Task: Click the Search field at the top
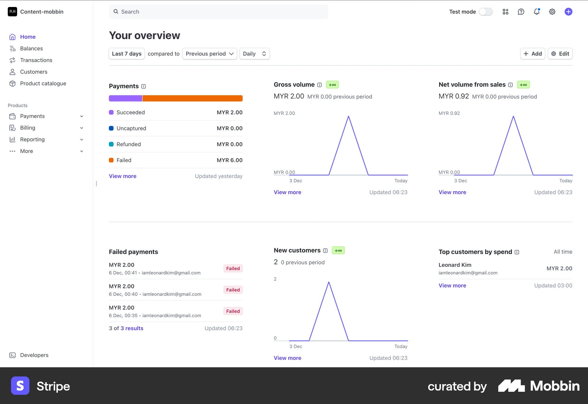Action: click(218, 12)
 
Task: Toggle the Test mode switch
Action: click(486, 12)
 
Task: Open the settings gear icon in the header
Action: click(552, 12)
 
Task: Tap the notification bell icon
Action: click(537, 12)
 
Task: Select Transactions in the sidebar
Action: click(36, 60)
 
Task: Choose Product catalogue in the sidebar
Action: click(43, 83)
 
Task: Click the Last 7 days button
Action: click(126, 54)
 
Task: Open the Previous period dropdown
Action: click(209, 54)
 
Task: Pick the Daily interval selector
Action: click(254, 54)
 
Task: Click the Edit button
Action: click(560, 54)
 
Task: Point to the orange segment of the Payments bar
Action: click(192, 98)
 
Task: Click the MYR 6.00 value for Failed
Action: click(229, 160)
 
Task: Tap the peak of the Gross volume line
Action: click(349, 117)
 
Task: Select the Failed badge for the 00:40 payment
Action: click(233, 290)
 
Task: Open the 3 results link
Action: click(132, 328)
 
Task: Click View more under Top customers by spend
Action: click(452, 285)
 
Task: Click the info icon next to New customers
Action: click(325, 251)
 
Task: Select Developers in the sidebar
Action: click(34, 355)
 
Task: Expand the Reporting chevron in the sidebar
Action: click(82, 140)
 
